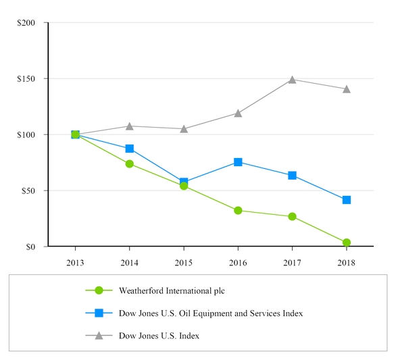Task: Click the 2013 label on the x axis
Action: click(75, 262)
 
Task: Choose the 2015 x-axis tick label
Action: click(184, 262)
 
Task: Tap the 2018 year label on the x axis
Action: click(346, 262)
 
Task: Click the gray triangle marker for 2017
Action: click(292, 80)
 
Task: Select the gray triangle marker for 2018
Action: click(346, 89)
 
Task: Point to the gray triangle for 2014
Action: click(129, 126)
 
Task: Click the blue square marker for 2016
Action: click(238, 162)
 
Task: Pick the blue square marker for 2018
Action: click(346, 200)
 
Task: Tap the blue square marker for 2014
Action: click(129, 149)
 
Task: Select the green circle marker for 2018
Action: click(346, 242)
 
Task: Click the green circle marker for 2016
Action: click(238, 210)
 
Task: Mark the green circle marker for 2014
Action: click(129, 163)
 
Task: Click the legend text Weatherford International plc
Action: click(171, 291)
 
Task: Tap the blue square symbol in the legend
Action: click(99, 313)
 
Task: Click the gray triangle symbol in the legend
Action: click(99, 335)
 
